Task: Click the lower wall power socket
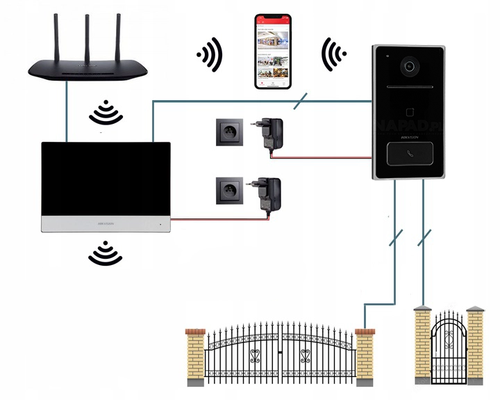(228, 189)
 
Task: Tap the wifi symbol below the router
(103, 112)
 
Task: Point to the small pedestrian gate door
(448, 348)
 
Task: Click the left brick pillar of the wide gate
(194, 355)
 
